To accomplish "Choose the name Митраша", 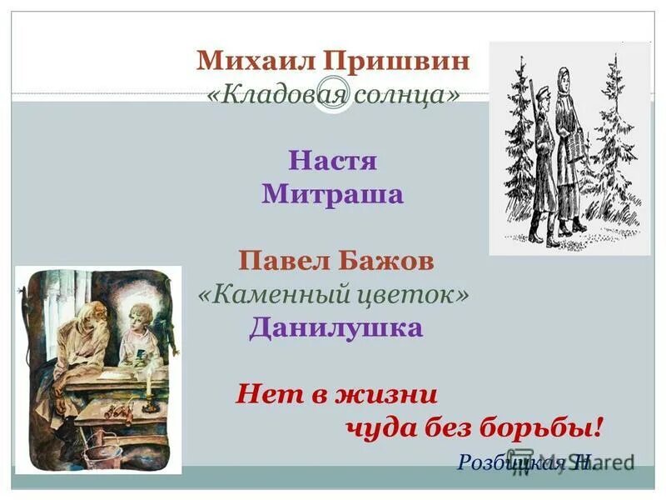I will tap(333, 194).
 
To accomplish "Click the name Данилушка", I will tap(335, 327).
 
